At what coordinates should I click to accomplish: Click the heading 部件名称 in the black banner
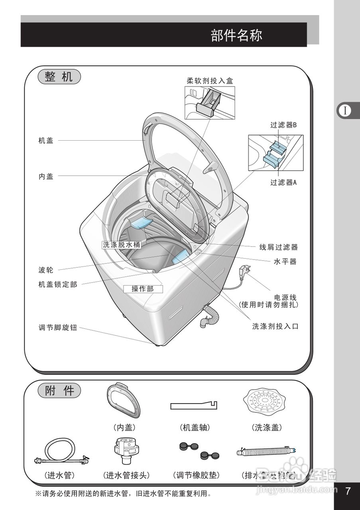236,35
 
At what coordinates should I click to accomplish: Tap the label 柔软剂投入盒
210,80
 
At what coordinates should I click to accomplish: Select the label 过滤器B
283,125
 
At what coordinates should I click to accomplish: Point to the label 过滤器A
283,183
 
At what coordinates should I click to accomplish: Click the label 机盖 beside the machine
46,140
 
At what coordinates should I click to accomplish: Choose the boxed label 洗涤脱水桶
121,245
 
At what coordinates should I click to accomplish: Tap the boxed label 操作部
143,289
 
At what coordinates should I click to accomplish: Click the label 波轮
46,271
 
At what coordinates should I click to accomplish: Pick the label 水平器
285,262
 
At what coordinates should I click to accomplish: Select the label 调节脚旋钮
57,328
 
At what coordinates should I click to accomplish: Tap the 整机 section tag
59,77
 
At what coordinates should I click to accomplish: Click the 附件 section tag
59,391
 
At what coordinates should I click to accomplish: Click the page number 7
348,491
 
